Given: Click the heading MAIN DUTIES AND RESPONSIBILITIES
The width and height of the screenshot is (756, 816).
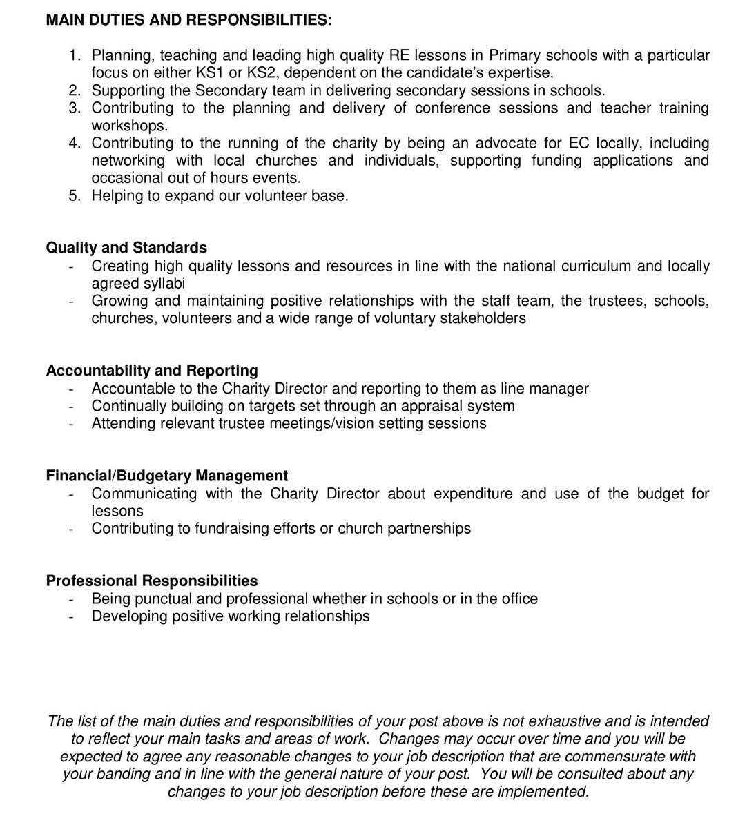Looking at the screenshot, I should point(188,20).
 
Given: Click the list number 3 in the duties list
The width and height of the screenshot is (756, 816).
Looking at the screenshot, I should point(75,108).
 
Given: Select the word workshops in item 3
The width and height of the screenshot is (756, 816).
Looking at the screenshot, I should point(129,126).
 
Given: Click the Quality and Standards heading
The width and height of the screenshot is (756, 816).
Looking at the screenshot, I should point(126,247).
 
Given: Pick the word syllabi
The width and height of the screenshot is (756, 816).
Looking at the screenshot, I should point(164,283).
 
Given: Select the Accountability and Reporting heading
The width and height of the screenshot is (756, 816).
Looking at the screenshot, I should point(152,370).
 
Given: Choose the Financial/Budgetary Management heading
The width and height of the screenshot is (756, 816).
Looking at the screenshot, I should point(166,476).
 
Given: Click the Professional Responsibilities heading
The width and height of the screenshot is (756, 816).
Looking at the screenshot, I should point(152,581).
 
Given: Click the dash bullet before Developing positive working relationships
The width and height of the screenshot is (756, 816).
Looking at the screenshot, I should point(71,616).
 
